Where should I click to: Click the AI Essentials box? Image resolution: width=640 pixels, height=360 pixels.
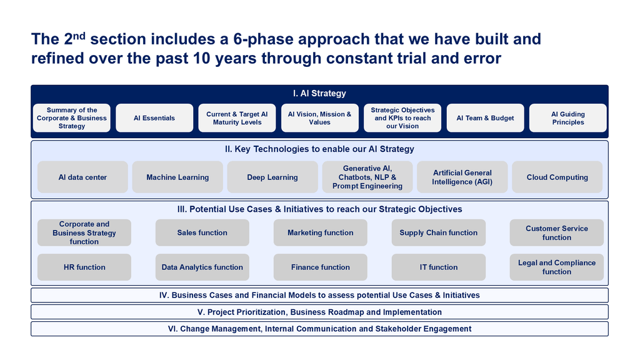coord(154,118)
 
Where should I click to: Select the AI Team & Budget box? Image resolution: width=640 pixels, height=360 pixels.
coord(485,118)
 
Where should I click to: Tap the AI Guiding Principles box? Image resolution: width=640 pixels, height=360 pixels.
coord(567,118)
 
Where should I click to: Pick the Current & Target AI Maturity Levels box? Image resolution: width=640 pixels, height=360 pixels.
coord(237,118)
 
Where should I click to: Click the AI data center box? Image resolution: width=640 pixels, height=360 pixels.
coord(82,177)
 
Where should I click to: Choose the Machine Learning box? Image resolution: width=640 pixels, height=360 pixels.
coord(177,177)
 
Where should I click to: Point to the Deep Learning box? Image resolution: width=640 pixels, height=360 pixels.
coord(272,177)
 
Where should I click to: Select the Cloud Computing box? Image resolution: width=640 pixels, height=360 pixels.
coord(557,177)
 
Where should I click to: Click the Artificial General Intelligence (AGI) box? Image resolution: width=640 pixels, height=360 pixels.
coord(462,177)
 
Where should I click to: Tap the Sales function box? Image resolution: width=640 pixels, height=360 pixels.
coord(202,232)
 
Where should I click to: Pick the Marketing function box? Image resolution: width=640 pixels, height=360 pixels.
coord(321,232)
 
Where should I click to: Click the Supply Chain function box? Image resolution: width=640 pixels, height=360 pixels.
coord(438,232)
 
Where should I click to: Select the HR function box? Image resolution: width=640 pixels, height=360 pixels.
coord(84,267)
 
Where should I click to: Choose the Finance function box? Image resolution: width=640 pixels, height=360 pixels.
coord(321,267)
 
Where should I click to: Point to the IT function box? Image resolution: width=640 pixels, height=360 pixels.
coord(438,267)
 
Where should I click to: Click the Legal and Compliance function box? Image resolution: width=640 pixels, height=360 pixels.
coord(557,267)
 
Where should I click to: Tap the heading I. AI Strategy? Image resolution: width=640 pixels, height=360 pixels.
coord(319,94)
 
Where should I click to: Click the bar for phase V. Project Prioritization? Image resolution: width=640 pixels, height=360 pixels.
coord(319,312)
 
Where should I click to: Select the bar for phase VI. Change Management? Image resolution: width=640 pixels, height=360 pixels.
coord(319,329)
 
